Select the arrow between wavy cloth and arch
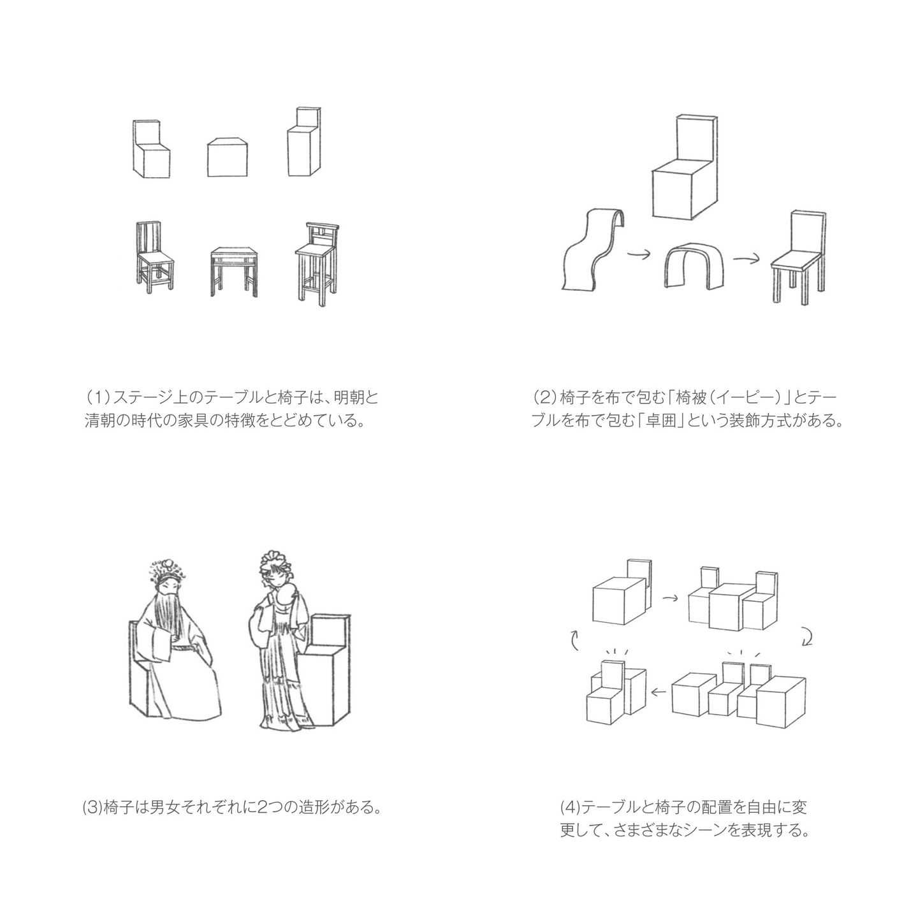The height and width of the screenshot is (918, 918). pyautogui.click(x=638, y=255)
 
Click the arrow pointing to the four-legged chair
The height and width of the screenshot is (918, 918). pyautogui.click(x=746, y=259)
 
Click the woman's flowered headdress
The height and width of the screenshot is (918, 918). pyautogui.click(x=275, y=564)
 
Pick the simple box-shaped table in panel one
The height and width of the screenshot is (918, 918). pyautogui.click(x=228, y=157)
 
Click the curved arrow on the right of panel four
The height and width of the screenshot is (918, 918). pyautogui.click(x=807, y=636)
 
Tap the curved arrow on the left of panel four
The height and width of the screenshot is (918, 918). pyautogui.click(x=574, y=639)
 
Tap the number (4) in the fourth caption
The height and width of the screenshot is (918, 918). pyautogui.click(x=570, y=808)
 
